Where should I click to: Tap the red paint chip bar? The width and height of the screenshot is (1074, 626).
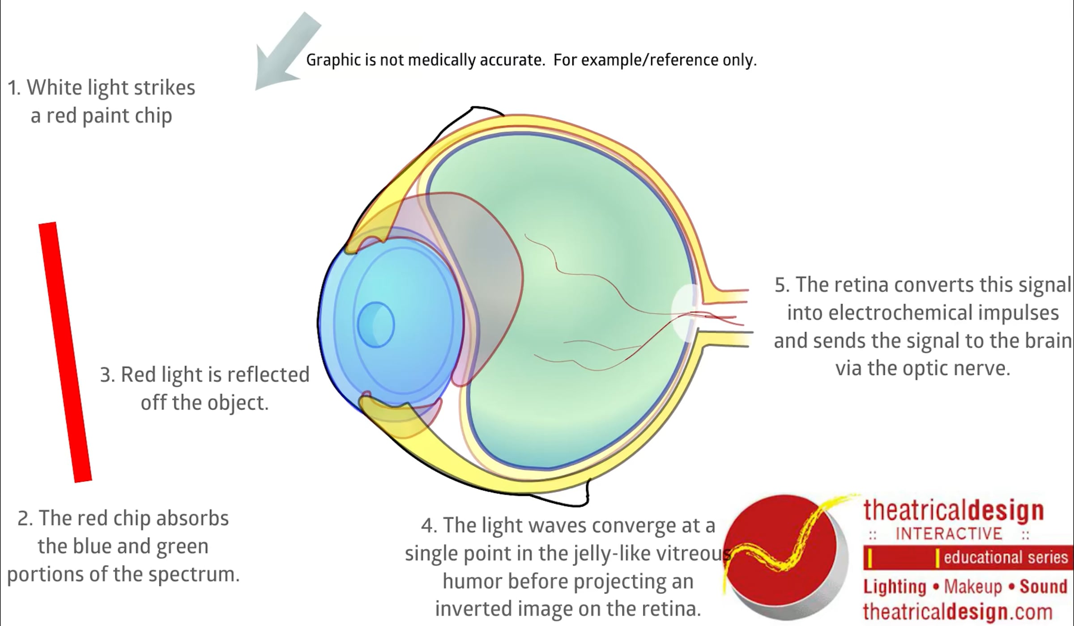click(x=65, y=352)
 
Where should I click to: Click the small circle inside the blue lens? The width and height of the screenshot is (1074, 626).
click(x=376, y=325)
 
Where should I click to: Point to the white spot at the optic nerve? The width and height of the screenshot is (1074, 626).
click(x=685, y=313)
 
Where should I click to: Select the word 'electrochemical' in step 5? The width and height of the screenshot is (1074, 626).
click(x=899, y=313)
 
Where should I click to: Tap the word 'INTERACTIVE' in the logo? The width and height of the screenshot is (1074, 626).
click(x=949, y=534)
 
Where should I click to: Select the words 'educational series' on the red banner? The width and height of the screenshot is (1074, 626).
click(x=1006, y=558)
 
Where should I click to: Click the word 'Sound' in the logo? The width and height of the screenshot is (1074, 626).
click(x=1043, y=587)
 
